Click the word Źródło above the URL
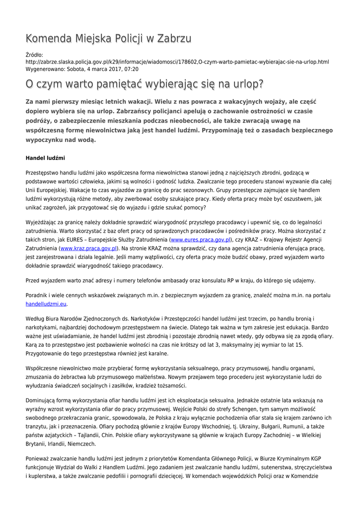34,55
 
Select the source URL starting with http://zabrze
177,62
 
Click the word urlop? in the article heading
246,84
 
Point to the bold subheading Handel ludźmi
45,158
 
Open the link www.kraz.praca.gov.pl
89,248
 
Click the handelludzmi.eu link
46,304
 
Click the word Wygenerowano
44,69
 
